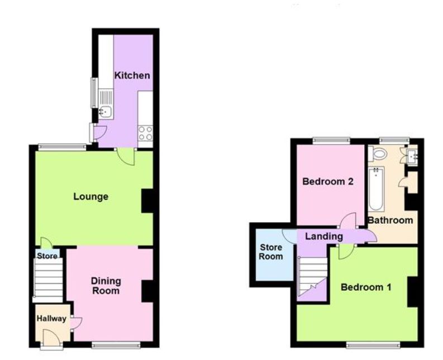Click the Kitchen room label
click(132, 75)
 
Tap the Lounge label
click(90, 196)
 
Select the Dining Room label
click(106, 286)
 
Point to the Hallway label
click(51, 319)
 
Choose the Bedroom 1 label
click(366, 287)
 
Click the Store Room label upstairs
click(271, 252)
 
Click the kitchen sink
click(105, 112)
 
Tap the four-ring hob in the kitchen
click(145, 133)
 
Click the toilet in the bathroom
click(379, 153)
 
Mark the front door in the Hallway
click(51, 339)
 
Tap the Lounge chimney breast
click(147, 201)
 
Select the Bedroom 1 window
click(373, 344)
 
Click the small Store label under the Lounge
click(47, 256)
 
